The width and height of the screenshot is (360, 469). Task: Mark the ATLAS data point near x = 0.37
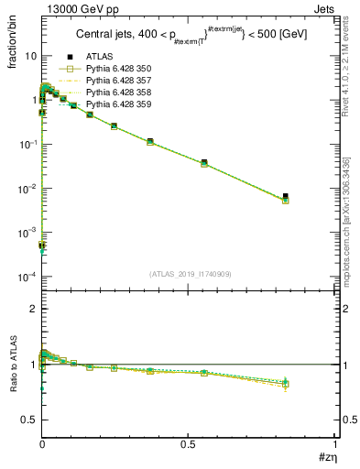coord(149,141)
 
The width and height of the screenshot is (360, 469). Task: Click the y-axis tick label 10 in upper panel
coord(30,56)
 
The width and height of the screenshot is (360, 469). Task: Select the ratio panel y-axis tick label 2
coord(34,310)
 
